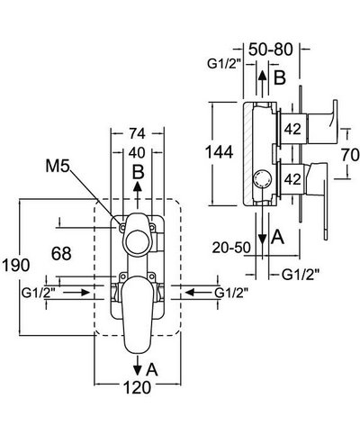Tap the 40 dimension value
[137, 151]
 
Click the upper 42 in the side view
[292, 129]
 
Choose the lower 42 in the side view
[292, 179]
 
